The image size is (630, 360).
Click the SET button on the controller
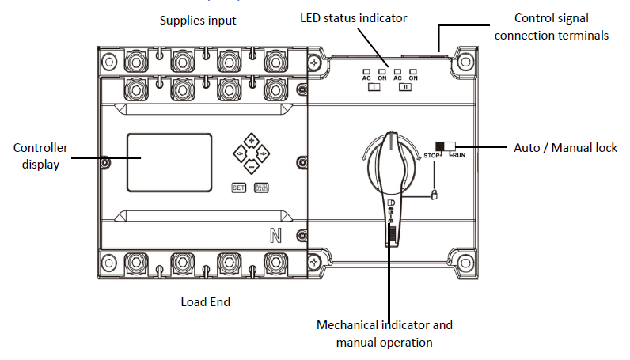click(x=239, y=188)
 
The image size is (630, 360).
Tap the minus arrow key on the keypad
click(x=251, y=166)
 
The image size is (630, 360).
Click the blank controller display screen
click(x=169, y=162)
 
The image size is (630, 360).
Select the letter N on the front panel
click(x=278, y=235)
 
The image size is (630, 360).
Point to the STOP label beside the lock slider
click(x=432, y=154)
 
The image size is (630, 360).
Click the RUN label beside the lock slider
click(x=457, y=155)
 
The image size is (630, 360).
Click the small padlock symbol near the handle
click(x=435, y=194)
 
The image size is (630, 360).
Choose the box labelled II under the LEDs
click(x=404, y=88)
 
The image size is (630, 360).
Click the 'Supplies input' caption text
click(x=197, y=18)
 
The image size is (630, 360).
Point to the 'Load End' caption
click(x=206, y=301)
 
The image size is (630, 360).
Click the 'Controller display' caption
click(x=40, y=156)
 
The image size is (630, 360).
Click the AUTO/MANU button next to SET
click(x=261, y=188)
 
